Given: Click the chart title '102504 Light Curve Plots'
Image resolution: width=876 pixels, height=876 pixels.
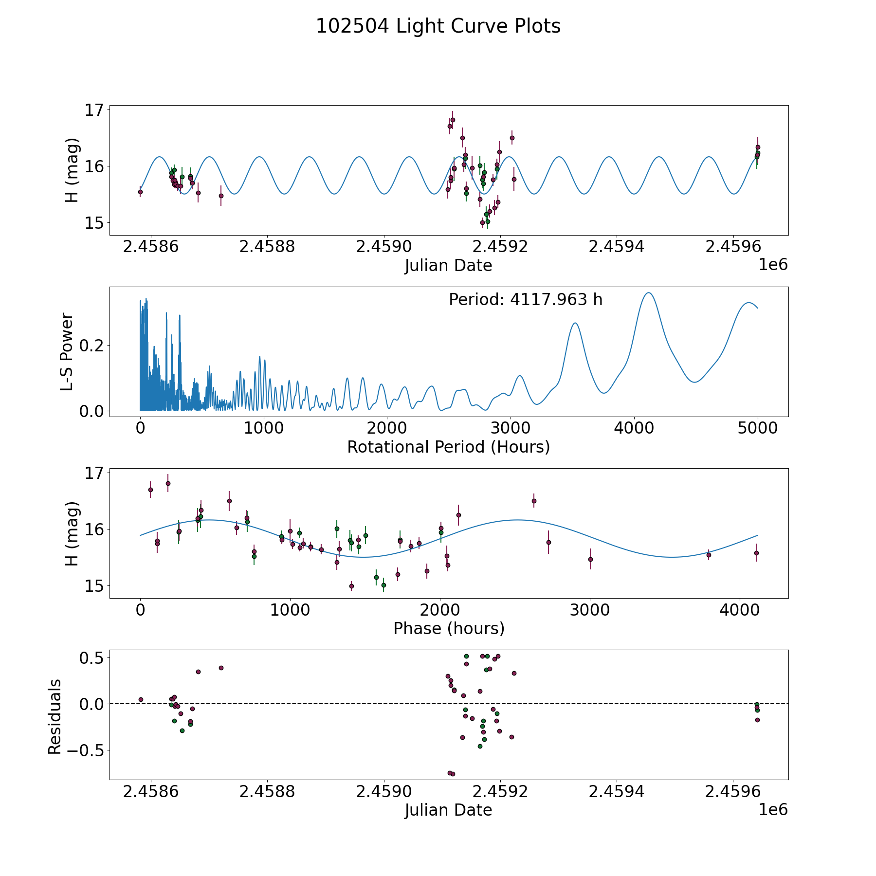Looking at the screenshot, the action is (438, 26).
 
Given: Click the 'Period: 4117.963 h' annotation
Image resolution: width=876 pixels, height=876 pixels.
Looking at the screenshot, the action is (526, 300).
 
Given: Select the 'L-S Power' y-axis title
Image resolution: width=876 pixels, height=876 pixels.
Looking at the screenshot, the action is (67, 352).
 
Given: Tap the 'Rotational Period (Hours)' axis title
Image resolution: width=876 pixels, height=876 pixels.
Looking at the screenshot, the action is (448, 447).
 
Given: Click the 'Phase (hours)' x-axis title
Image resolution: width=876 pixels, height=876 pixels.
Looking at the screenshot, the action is (449, 628).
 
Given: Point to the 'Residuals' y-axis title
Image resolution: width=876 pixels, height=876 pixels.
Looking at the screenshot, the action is (55, 716).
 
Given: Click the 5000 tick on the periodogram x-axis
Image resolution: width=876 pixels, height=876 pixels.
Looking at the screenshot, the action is (757, 428).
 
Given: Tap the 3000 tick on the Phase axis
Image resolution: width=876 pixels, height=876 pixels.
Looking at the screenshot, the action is (590, 610).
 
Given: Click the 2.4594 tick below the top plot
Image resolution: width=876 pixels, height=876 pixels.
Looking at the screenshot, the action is (616, 247).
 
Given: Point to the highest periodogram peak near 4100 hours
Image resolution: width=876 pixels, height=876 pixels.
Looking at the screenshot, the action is (648, 292).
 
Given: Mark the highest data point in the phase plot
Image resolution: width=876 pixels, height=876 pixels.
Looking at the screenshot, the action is (168, 483).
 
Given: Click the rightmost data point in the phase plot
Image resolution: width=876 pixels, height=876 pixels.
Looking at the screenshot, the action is (756, 553).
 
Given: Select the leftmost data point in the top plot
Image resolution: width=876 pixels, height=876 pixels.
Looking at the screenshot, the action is (140, 192).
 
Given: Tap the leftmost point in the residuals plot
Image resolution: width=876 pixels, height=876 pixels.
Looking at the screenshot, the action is (141, 699).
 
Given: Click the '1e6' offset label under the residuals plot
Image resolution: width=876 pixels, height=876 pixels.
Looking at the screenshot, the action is (773, 810).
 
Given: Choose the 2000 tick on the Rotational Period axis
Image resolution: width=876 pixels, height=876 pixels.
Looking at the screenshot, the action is (387, 428).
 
